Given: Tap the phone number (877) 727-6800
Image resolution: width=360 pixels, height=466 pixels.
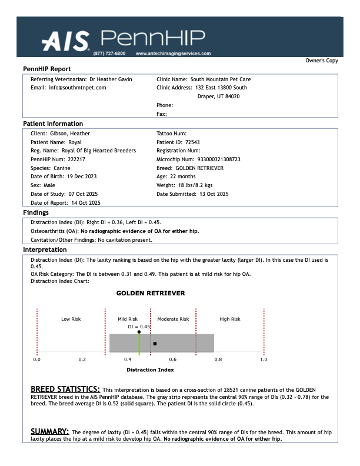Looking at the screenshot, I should click(x=109, y=53).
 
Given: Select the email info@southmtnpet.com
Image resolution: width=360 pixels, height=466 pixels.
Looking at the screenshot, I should click(x=77, y=87).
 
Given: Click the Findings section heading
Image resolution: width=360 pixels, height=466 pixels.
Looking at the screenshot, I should click(x=36, y=212).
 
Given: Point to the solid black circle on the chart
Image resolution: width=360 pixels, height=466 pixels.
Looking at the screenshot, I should click(x=139, y=332).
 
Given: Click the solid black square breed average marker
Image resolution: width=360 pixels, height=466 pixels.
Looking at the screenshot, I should click(x=155, y=343).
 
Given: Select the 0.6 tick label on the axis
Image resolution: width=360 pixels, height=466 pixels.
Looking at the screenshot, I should click(x=173, y=358).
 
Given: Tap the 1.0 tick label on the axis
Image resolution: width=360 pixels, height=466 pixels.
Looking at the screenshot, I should click(x=264, y=358).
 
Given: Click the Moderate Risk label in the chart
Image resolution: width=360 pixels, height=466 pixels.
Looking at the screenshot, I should click(x=173, y=319).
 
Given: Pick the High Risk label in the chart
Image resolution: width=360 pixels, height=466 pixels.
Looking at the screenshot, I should click(x=230, y=319).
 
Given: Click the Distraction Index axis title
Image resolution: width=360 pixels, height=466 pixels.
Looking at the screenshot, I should click(x=150, y=370).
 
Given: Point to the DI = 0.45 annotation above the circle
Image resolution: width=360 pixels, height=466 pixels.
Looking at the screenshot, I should click(x=139, y=326).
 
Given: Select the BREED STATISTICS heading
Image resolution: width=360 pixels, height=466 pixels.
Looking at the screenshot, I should click(x=65, y=389).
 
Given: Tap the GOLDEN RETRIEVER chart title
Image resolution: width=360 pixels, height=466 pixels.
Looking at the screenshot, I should click(x=150, y=293).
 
